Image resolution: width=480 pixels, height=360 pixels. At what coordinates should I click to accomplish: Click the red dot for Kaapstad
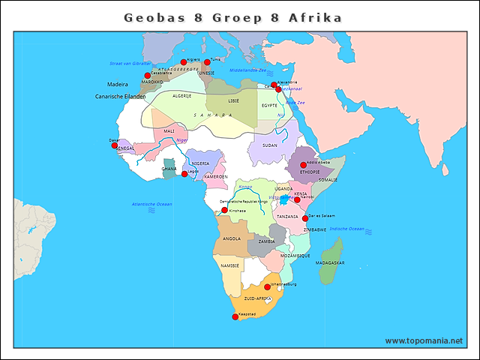pos(235,317)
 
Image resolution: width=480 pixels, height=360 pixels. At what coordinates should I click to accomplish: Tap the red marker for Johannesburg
pos(267,286)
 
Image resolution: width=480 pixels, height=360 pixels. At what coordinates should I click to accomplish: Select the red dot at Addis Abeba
pos(303,165)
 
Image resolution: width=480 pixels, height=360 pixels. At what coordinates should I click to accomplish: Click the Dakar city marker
pos(115,144)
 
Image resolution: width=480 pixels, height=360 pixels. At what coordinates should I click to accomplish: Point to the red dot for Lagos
pos(184,174)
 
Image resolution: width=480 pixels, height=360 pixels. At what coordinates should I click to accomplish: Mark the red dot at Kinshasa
pos(224,210)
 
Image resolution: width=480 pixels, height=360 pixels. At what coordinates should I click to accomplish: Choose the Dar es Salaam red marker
pos(305,218)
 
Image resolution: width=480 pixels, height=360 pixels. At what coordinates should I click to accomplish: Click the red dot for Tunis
pos(207,62)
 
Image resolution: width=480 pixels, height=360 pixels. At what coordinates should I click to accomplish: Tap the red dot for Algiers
pos(183,62)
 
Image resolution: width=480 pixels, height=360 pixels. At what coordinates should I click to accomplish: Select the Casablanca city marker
pos(147,76)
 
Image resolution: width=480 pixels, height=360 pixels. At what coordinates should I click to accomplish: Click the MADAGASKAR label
pos(330,263)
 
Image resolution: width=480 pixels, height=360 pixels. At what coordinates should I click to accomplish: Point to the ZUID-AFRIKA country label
pos(258,298)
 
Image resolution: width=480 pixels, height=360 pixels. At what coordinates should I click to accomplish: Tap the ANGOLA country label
pos(232,239)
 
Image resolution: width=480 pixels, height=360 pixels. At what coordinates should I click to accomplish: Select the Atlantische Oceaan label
pos(151,204)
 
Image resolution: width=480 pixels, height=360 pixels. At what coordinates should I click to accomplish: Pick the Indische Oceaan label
pos(346,229)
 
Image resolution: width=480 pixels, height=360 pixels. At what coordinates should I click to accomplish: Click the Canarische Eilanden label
pos(120,97)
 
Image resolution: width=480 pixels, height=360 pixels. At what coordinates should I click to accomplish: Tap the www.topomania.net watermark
pos(424,340)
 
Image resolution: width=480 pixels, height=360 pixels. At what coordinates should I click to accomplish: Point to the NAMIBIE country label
pos(230,265)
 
